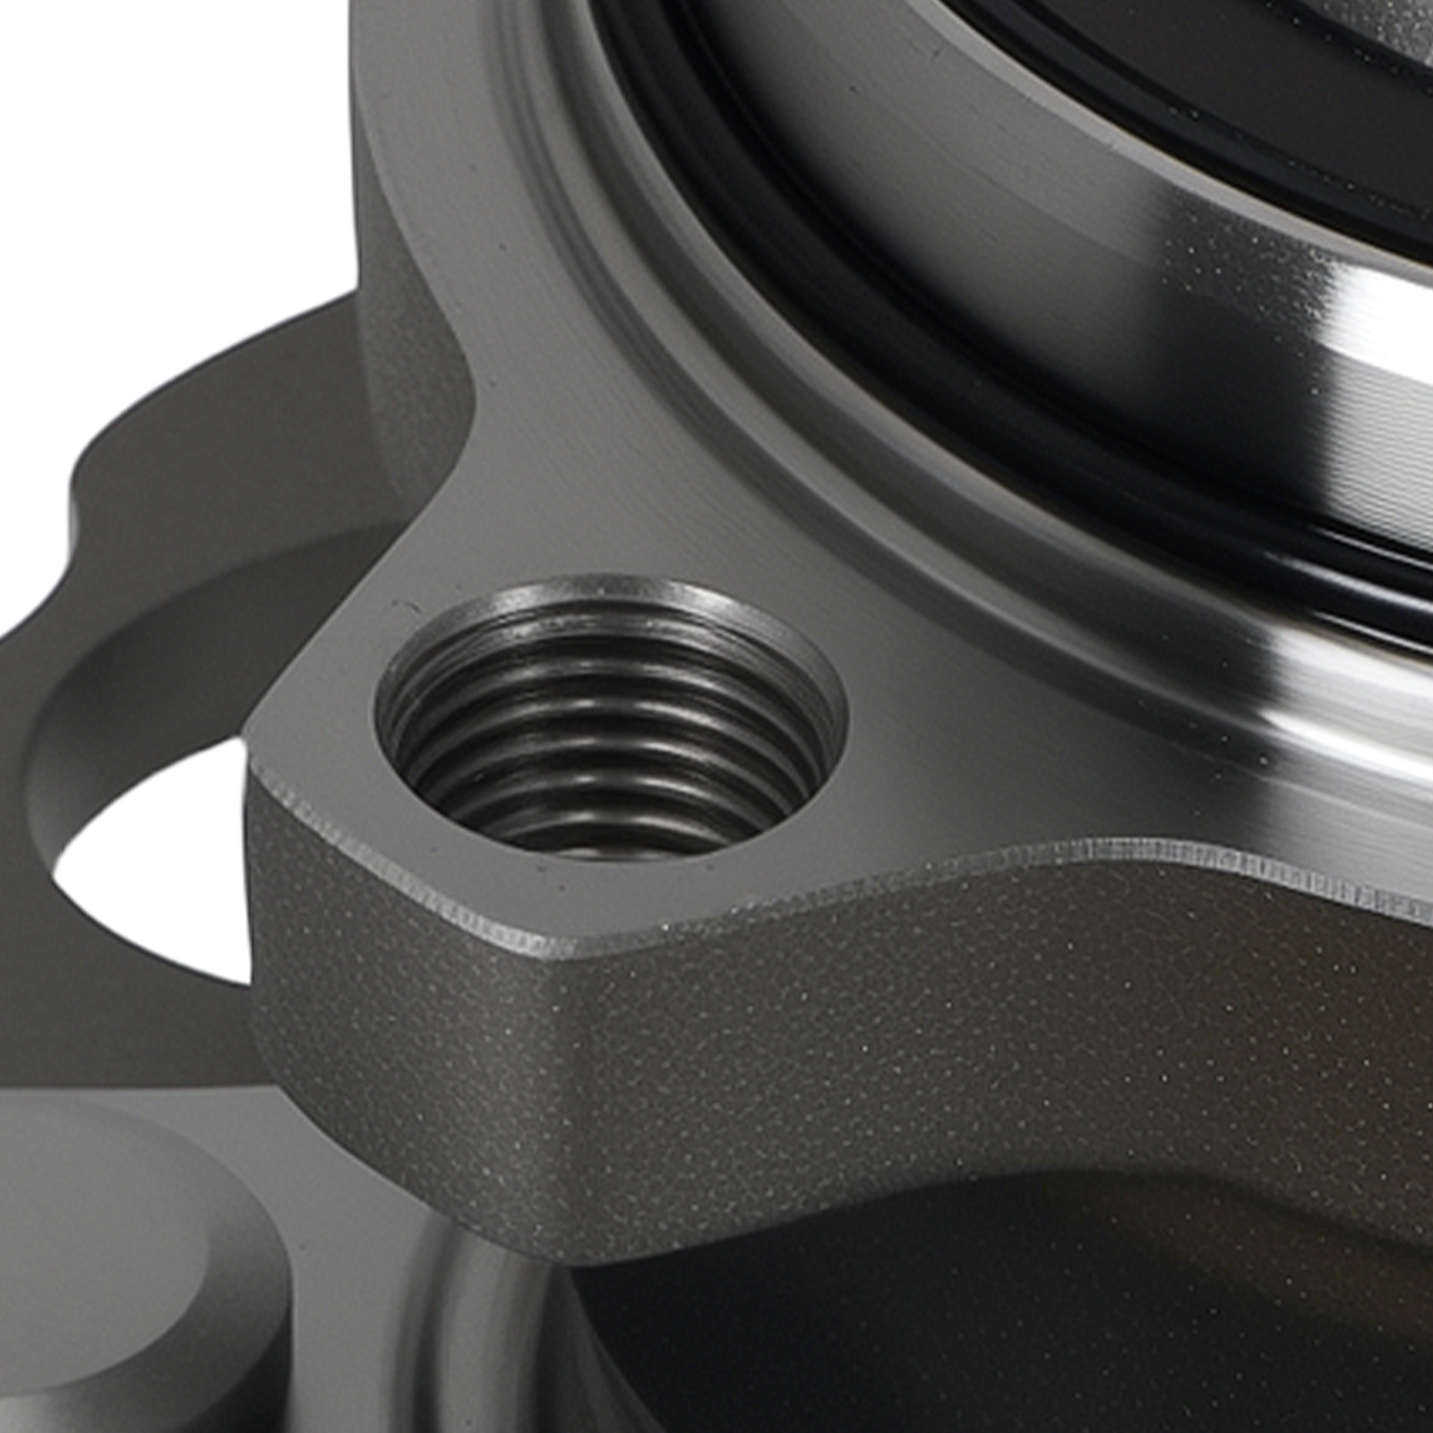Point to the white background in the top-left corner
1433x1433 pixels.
(x=134, y=134)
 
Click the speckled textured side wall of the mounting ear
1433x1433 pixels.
(x=806, y=1057)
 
